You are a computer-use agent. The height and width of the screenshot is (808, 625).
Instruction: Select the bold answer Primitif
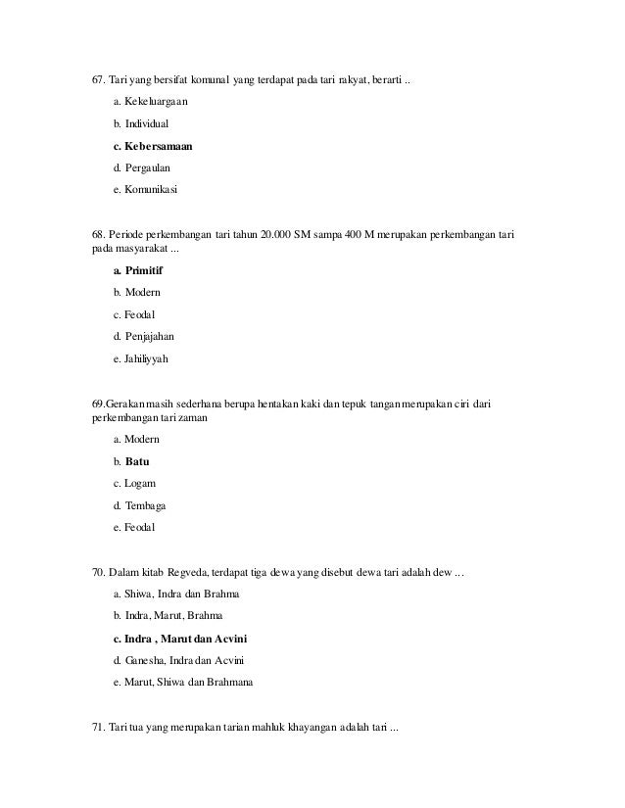tap(144, 270)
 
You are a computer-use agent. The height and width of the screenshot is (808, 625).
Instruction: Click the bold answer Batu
tap(137, 461)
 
